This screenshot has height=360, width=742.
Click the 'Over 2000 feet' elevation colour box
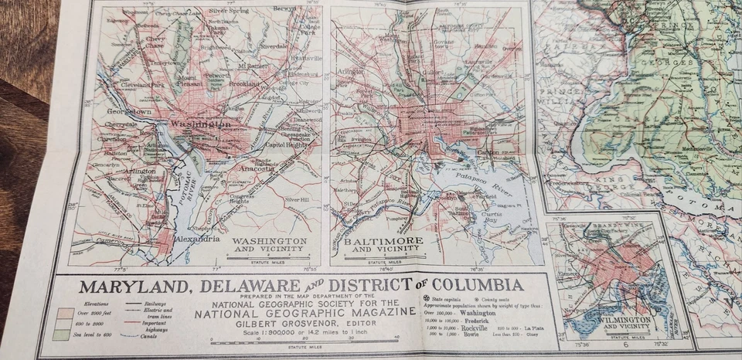[66, 312]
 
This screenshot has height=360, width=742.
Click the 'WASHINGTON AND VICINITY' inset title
[270, 245]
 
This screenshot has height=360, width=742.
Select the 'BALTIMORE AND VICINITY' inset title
[383, 245]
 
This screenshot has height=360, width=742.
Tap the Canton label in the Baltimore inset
[488, 151]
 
